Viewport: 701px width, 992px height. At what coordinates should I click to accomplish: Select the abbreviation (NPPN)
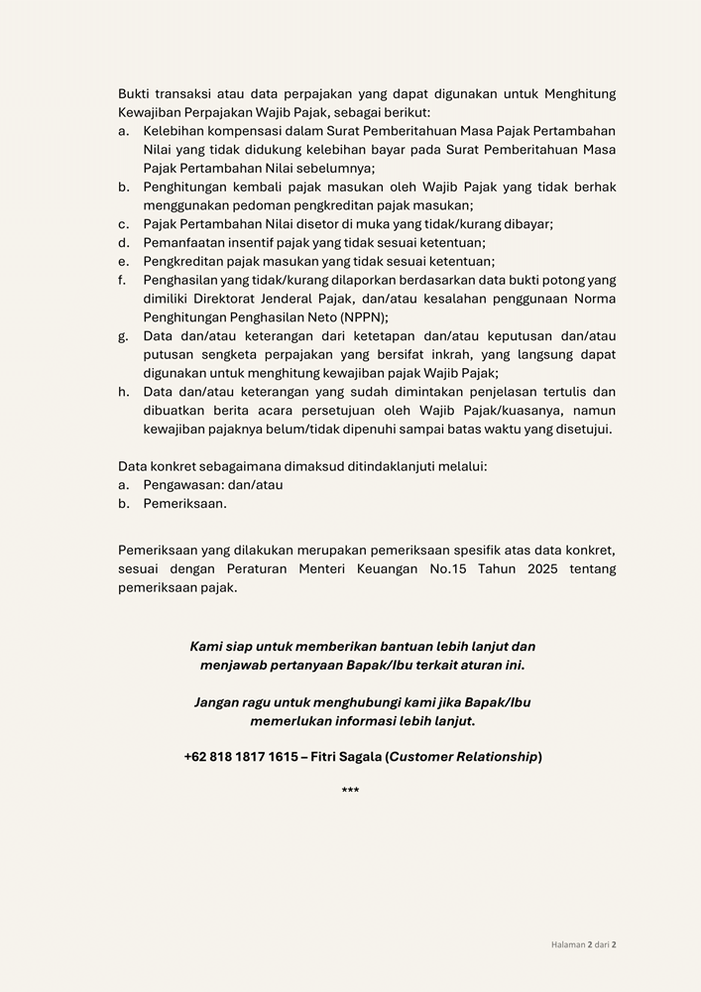(x=363, y=317)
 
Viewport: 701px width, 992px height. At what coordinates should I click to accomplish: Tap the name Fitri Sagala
(x=346, y=757)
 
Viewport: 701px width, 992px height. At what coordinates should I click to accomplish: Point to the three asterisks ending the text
(x=350, y=791)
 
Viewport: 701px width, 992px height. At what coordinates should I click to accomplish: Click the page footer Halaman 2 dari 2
(x=584, y=945)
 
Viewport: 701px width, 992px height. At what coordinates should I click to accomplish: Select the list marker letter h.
(x=123, y=392)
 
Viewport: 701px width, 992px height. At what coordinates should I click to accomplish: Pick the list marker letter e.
(x=123, y=262)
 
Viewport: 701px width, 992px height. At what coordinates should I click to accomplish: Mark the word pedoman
(x=255, y=205)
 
